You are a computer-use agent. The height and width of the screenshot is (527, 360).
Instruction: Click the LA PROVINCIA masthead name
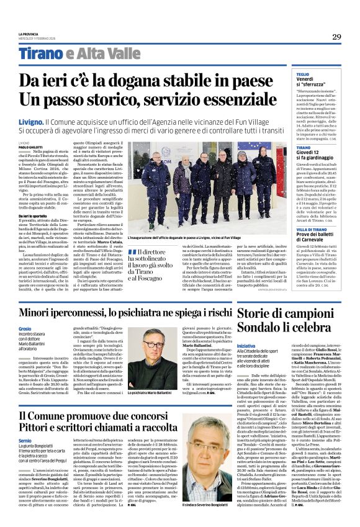[28, 33]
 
